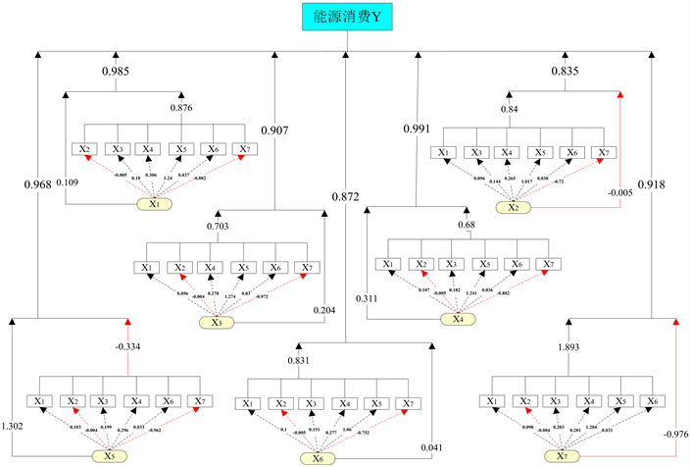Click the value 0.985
[x=117, y=71]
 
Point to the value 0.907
[x=274, y=129]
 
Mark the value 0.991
[x=418, y=129]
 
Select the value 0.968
[x=36, y=182]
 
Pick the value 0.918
[x=653, y=183]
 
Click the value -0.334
[x=128, y=345]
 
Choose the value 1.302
[x=15, y=427]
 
